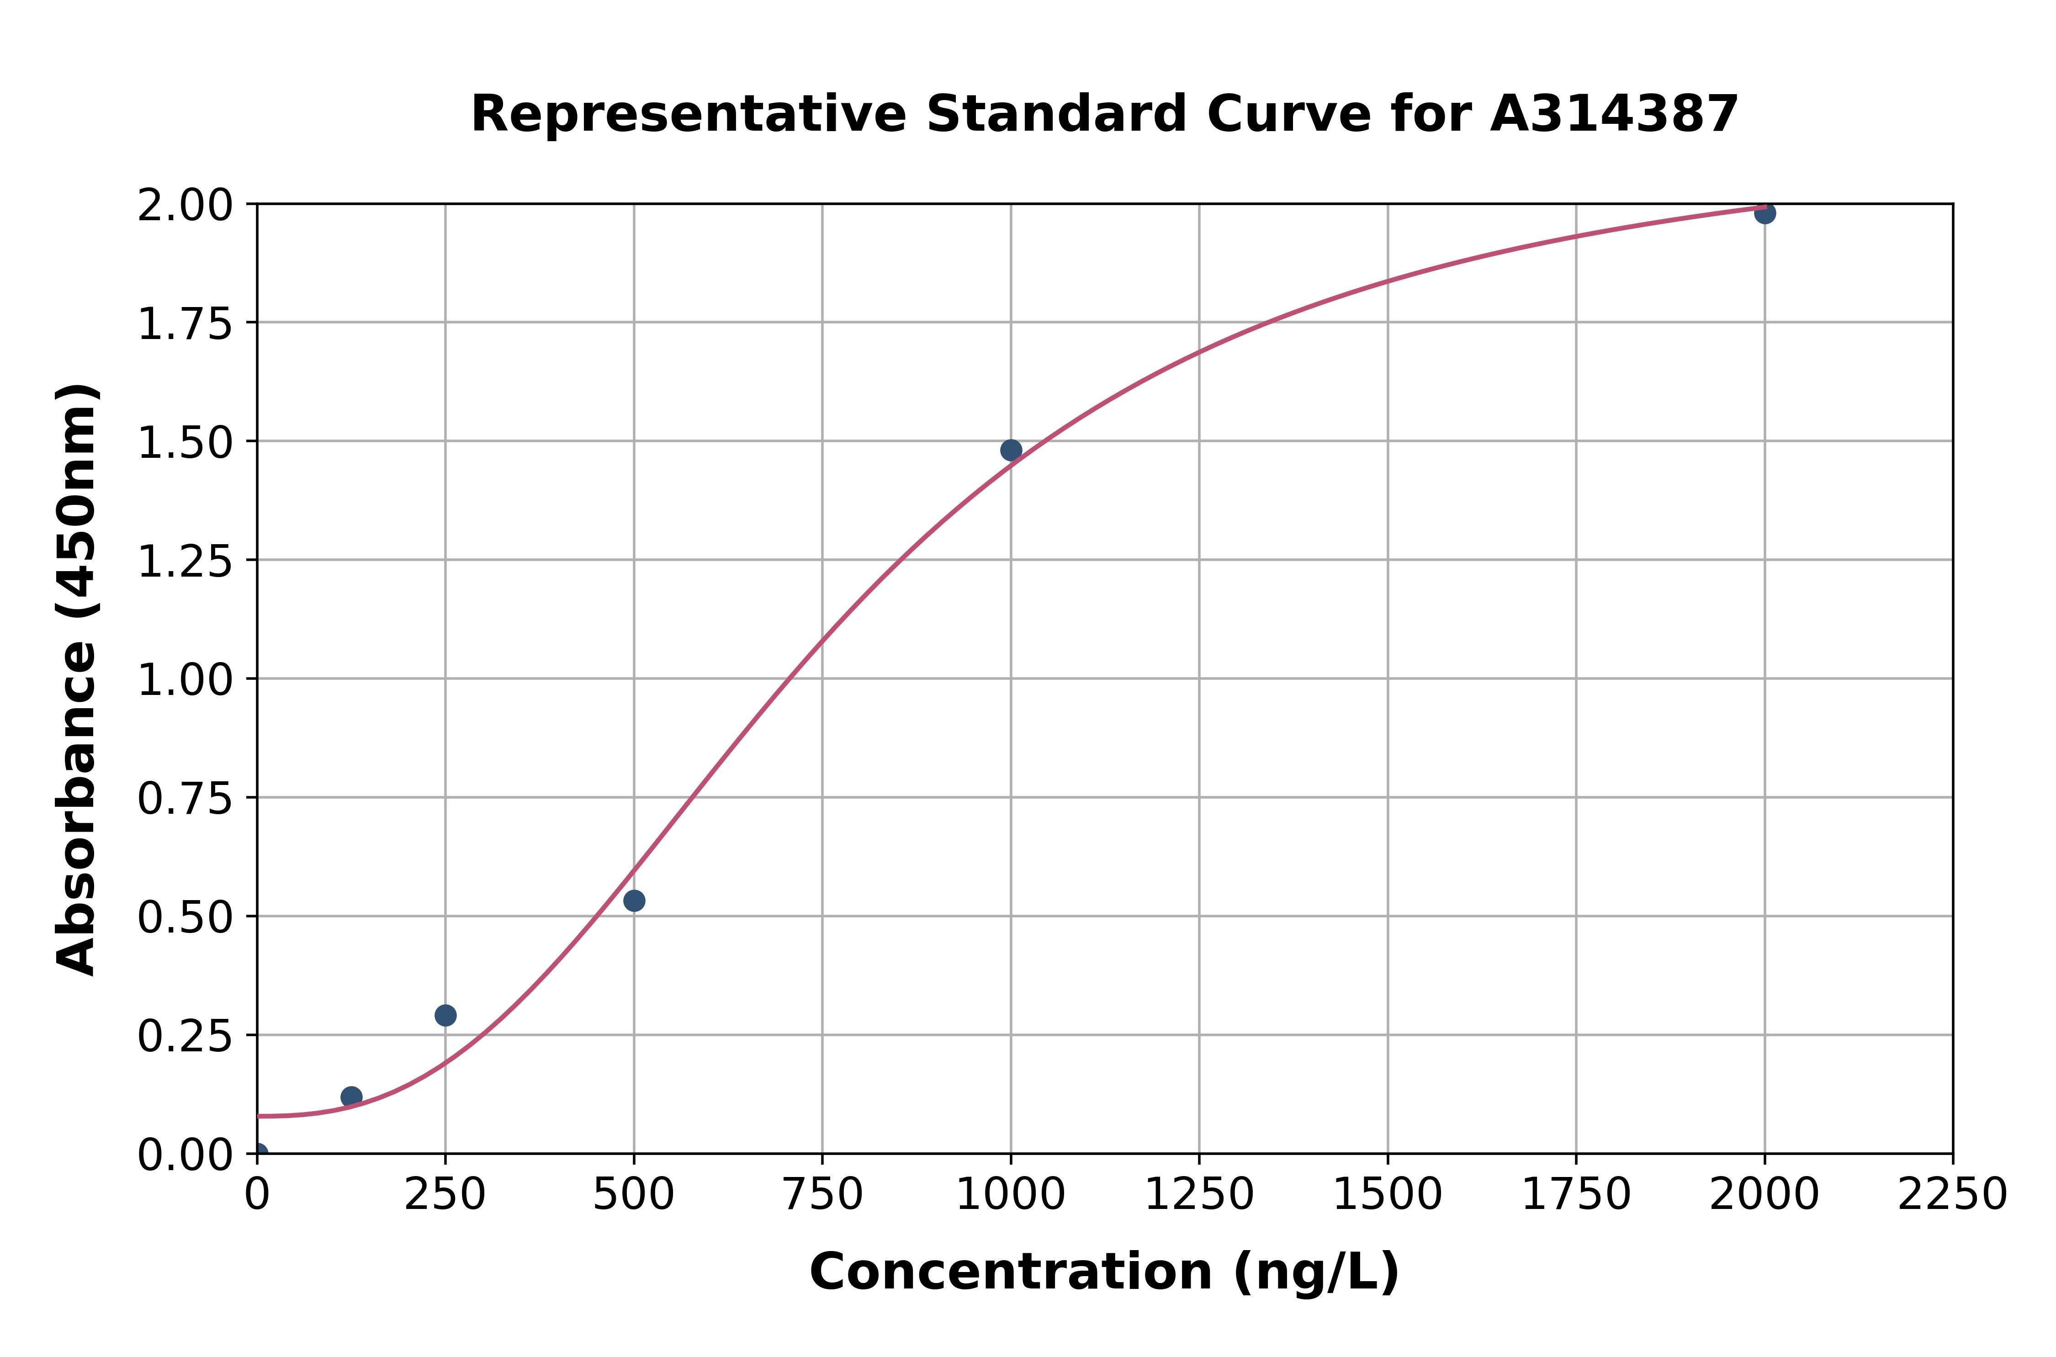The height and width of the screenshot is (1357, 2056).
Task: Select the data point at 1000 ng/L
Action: tap(1011, 450)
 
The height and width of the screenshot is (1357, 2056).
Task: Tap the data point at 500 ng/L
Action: tap(634, 901)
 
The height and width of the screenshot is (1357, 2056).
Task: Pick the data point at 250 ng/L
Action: tap(445, 1015)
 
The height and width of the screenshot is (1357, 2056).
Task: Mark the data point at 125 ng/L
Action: tap(351, 1097)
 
